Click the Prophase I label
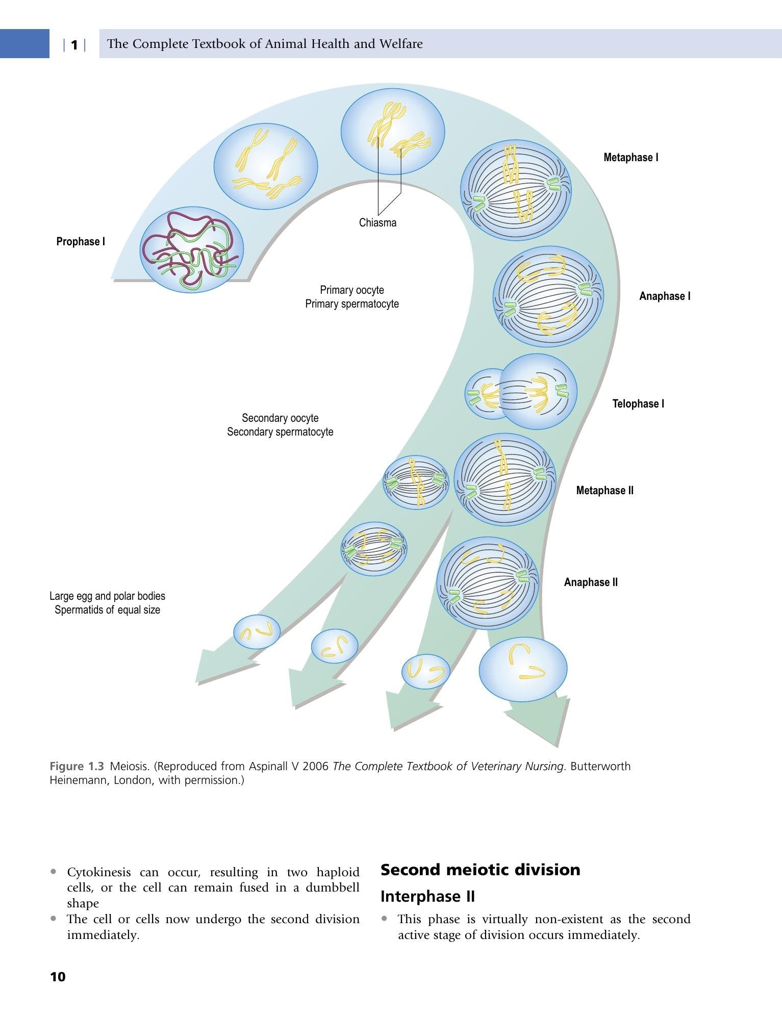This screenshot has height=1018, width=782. click(x=81, y=242)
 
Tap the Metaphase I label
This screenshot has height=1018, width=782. click(x=631, y=158)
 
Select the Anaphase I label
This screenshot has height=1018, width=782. click(x=665, y=296)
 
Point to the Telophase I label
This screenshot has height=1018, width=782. click(x=638, y=404)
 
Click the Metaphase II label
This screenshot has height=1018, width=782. click(x=605, y=491)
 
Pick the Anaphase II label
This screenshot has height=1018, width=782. click(x=591, y=582)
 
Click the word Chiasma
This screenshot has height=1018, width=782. click(x=377, y=223)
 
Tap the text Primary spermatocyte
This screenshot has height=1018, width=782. click(x=352, y=304)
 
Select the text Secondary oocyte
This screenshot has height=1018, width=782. click(x=280, y=418)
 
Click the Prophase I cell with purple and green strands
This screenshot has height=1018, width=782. click(x=192, y=250)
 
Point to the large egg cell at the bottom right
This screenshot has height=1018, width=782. click(x=523, y=669)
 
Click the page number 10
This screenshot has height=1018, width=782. click(x=58, y=977)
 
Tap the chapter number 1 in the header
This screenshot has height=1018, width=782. click(x=74, y=45)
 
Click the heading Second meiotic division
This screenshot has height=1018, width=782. click(x=481, y=870)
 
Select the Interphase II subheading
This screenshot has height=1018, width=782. click(x=427, y=896)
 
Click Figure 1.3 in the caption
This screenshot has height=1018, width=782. click(x=77, y=766)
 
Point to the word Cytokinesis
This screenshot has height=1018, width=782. click(x=99, y=873)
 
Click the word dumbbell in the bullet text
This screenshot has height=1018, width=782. click(x=333, y=887)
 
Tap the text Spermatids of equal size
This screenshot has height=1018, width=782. click(x=107, y=610)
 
